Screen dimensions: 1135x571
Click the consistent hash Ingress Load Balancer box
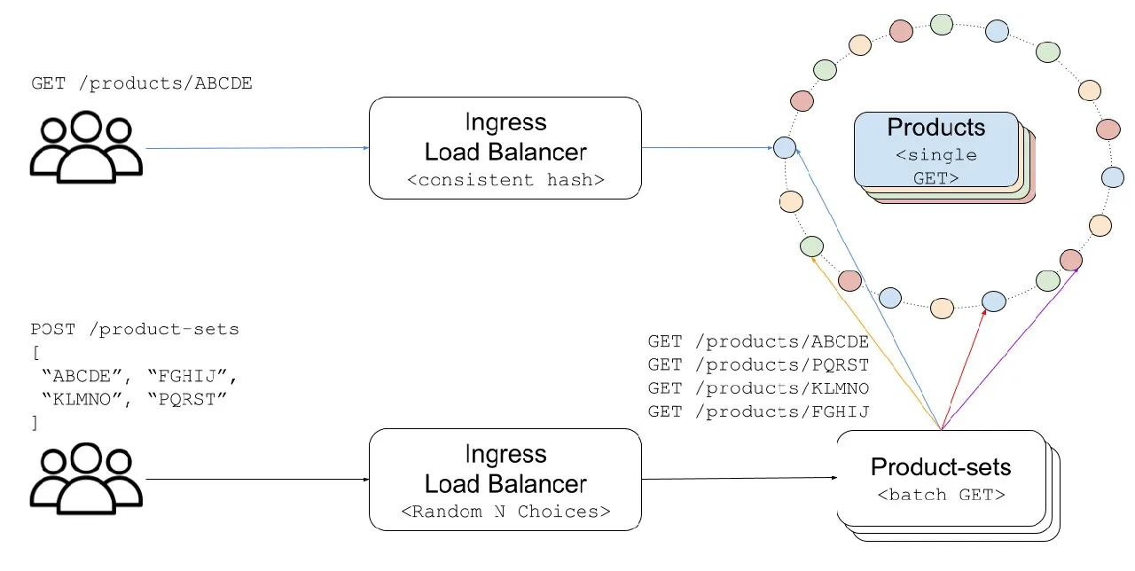pyautogui.click(x=505, y=148)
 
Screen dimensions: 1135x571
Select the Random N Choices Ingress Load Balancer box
pyautogui.click(x=505, y=480)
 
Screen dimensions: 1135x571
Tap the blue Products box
pyautogui.click(x=935, y=150)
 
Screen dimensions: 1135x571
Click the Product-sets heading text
pyautogui.click(x=941, y=466)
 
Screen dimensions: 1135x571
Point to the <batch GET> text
pyautogui.click(x=941, y=495)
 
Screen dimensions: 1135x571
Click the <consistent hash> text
pyautogui.click(x=505, y=180)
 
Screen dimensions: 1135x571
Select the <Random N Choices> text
pyautogui.click(x=505, y=512)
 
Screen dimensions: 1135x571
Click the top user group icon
pyautogui.click(x=86, y=147)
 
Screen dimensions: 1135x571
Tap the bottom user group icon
pyautogui.click(x=86, y=479)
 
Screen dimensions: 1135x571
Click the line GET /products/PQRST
pyautogui.click(x=758, y=364)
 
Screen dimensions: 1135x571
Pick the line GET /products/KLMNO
pyautogui.click(x=758, y=388)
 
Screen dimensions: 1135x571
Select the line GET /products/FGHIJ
pyautogui.click(x=758, y=411)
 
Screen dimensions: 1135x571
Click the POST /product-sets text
pyautogui.click(x=134, y=329)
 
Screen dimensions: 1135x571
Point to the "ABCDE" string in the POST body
pyautogui.click(x=82, y=376)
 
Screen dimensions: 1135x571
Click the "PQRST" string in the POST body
pyautogui.click(x=187, y=399)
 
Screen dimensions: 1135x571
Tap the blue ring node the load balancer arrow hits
pyautogui.click(x=785, y=147)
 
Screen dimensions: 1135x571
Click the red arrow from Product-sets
pyautogui.click(x=963, y=369)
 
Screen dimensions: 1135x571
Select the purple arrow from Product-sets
pyautogui.click(x=1009, y=349)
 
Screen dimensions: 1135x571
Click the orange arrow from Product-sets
pyautogui.click(x=876, y=343)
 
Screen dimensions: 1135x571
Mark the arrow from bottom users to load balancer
pyautogui.click(x=257, y=479)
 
